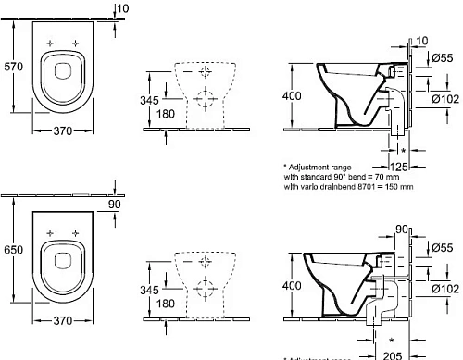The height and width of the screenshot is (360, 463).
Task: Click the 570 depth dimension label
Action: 12,67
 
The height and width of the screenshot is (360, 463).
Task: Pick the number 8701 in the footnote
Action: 366,186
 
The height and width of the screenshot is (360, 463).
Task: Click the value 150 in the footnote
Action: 392,186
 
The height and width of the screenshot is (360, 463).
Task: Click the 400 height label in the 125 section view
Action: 292,96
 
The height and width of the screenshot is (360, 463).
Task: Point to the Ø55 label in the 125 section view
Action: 444,58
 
